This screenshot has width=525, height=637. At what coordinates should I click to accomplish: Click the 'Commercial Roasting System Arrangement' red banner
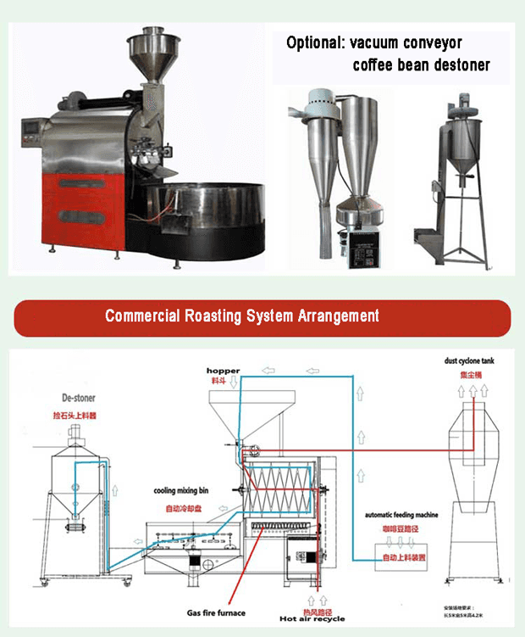click(262, 317)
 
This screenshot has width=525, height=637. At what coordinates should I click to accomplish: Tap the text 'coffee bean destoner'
click(421, 64)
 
